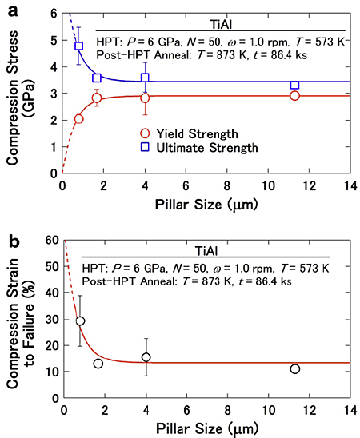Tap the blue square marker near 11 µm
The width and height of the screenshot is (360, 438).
point(295,84)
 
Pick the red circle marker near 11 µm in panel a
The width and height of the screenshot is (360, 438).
point(295,96)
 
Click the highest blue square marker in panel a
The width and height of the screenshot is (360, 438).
point(78,46)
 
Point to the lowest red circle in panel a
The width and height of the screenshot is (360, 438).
point(78,118)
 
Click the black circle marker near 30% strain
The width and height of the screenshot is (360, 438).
point(79,321)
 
